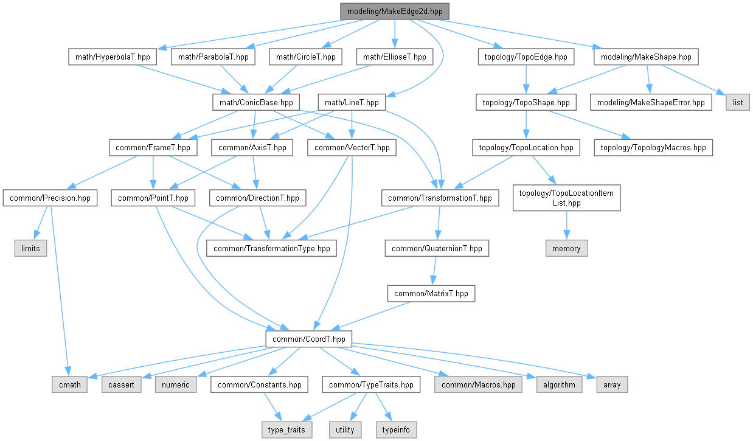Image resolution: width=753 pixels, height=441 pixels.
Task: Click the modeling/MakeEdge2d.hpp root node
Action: point(394,12)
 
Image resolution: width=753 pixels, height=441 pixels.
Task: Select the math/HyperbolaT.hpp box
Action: point(113,57)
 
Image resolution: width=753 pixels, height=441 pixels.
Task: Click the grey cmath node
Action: point(69,384)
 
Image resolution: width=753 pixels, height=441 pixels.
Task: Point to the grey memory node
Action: point(566,248)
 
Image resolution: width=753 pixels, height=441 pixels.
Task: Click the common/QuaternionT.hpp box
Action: point(437,248)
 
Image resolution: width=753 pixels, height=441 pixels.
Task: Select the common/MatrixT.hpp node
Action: point(431,294)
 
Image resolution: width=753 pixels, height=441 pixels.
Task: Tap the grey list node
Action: point(737,103)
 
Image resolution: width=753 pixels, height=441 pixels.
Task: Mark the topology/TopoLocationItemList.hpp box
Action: point(566,198)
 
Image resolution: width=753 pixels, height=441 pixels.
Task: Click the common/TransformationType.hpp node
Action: point(272,248)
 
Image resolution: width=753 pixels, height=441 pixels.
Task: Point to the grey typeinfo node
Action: point(395,429)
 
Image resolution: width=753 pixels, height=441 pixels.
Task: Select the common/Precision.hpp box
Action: point(50,198)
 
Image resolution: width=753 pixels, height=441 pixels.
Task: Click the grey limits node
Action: point(30,248)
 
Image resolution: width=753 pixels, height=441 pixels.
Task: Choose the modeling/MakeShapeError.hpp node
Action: point(651,103)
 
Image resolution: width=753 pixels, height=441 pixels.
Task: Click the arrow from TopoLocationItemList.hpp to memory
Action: point(566,226)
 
